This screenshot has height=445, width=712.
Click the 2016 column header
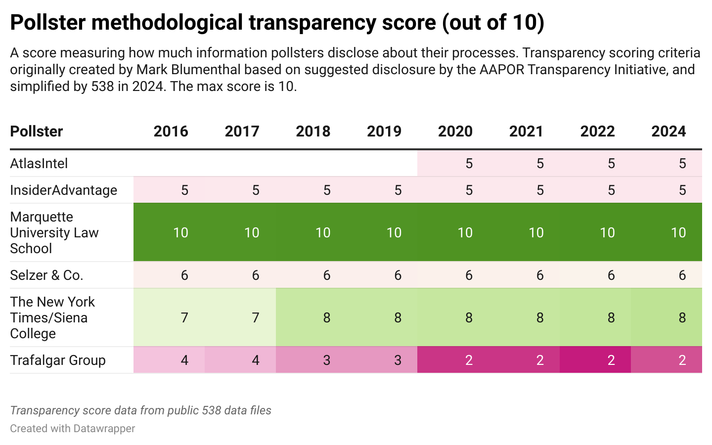(x=171, y=132)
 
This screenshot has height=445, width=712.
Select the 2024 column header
(x=668, y=132)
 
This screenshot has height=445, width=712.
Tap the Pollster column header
(x=37, y=132)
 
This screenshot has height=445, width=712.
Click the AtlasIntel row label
(x=39, y=164)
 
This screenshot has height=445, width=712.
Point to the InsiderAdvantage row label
(x=64, y=190)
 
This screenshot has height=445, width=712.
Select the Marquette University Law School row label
(x=54, y=232)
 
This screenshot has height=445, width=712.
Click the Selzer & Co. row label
(x=46, y=275)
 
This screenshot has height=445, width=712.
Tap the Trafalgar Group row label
(x=58, y=360)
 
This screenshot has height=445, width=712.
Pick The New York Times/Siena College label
(x=52, y=317)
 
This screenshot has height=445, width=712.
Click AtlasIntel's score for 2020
(x=469, y=164)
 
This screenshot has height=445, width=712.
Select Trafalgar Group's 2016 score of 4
(x=184, y=360)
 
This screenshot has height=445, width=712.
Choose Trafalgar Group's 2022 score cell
(x=611, y=360)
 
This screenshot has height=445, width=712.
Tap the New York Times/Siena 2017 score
(x=256, y=317)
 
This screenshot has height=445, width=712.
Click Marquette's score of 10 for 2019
(x=394, y=232)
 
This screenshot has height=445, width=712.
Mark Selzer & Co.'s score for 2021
(x=540, y=275)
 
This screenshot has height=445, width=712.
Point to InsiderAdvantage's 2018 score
(x=327, y=190)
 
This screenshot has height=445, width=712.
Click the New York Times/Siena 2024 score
(x=682, y=317)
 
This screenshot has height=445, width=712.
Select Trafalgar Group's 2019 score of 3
(x=398, y=360)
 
